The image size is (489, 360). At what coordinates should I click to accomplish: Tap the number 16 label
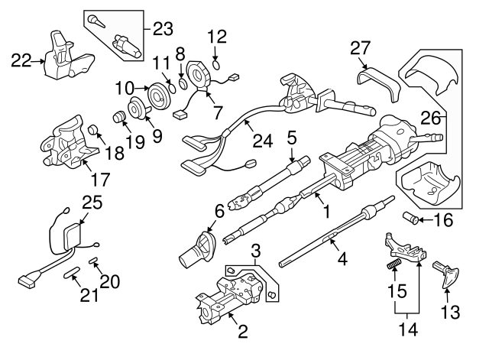point(442,222)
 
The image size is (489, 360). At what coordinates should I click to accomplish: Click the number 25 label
point(92,202)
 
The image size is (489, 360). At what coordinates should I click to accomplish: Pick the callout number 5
point(291,138)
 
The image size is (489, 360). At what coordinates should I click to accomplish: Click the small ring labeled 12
point(217,64)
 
